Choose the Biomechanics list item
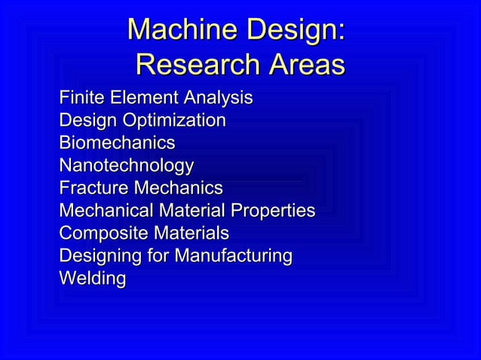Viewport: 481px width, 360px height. [x=117, y=143]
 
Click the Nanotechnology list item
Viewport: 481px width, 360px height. [x=126, y=166]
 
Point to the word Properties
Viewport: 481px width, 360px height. [x=272, y=211]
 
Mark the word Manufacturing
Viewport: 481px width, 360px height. [x=233, y=256]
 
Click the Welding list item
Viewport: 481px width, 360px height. [x=92, y=279]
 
